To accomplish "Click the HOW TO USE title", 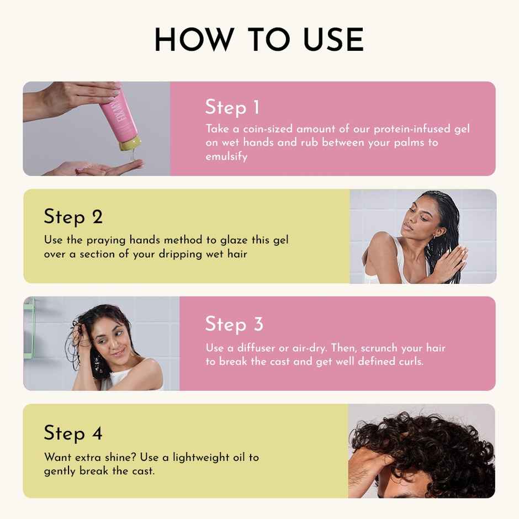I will [x=259, y=40].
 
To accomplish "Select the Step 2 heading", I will [x=73, y=216].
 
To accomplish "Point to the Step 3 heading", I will [x=234, y=324].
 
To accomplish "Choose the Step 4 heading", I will [x=73, y=433].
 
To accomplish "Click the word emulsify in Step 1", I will [x=226, y=156].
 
